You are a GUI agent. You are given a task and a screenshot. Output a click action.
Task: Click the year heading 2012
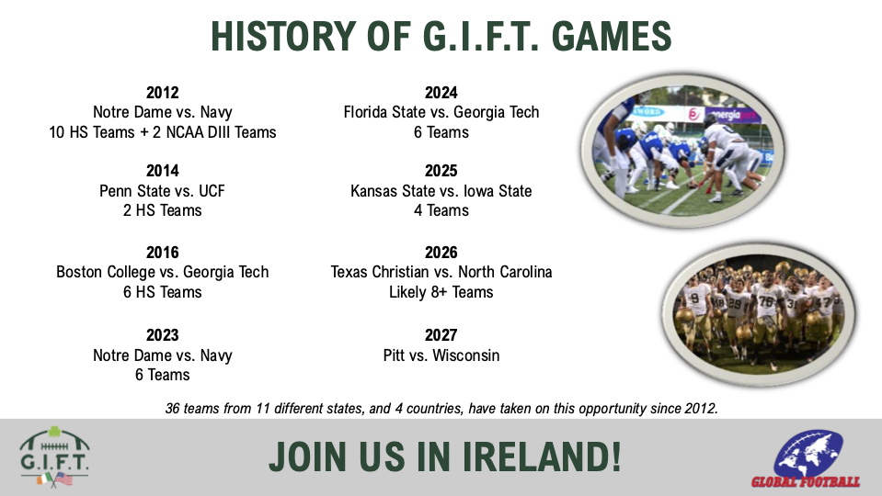162,93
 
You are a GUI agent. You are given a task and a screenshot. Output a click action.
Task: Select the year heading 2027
441,335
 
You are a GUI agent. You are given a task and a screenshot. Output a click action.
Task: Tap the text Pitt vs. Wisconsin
441,355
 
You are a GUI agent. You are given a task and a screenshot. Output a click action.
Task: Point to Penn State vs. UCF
162,191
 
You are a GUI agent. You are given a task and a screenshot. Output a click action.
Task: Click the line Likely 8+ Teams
441,293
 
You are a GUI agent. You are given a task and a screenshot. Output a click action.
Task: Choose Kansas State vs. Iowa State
441,191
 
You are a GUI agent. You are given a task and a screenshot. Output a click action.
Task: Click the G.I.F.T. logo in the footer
54,457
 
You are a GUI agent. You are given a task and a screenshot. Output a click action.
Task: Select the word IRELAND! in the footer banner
542,457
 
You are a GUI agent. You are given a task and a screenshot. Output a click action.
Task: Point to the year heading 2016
162,253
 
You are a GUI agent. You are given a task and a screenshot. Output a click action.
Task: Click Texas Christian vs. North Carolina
441,273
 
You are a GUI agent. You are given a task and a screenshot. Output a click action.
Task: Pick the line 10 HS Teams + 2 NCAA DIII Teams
162,132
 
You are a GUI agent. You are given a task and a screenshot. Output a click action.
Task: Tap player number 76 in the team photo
765,300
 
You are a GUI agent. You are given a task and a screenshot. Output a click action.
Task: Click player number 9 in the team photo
694,299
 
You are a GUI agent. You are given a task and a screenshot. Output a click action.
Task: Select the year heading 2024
441,93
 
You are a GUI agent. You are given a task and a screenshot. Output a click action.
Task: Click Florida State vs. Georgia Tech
441,112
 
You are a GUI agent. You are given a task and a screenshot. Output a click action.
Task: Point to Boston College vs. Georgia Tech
162,273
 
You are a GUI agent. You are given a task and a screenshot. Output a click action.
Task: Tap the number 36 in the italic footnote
172,409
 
